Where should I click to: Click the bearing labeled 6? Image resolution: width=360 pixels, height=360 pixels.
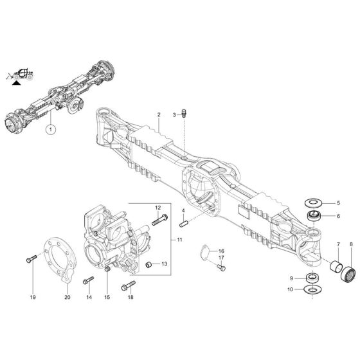(x=316, y=216)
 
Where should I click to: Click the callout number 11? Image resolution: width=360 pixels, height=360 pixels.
(x=180, y=239)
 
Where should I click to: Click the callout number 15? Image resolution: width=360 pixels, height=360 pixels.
(x=107, y=297)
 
